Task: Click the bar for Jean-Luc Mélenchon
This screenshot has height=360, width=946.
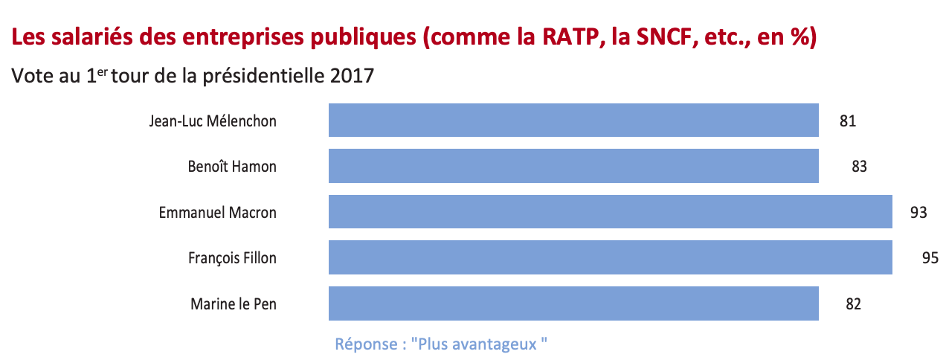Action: pyautogui.click(x=573, y=120)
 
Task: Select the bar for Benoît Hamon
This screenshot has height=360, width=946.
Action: pyautogui.click(x=573, y=166)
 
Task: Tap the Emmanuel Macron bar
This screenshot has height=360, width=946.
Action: pyautogui.click(x=610, y=212)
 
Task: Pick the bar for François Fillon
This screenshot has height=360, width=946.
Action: pyautogui.click(x=610, y=257)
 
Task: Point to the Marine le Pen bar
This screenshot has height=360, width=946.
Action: pyautogui.click(x=573, y=303)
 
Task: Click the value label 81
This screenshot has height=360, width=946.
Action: pyautogui.click(x=848, y=120)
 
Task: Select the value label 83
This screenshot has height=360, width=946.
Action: pyautogui.click(x=859, y=167)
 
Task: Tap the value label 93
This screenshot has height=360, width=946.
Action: pyautogui.click(x=918, y=213)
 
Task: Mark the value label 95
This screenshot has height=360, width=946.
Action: pyautogui.click(x=930, y=258)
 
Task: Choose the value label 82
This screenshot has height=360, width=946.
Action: pyautogui.click(x=853, y=304)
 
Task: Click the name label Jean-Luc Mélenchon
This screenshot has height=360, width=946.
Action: pyautogui.click(x=213, y=120)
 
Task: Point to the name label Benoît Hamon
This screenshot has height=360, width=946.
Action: pyautogui.click(x=232, y=167)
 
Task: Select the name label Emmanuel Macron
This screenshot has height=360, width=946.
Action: pyautogui.click(x=217, y=213)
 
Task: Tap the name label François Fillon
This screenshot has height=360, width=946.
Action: pyautogui.click(x=232, y=258)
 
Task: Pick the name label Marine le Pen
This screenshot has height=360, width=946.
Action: pyautogui.click(x=234, y=304)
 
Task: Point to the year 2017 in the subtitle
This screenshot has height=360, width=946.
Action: pyautogui.click(x=349, y=76)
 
